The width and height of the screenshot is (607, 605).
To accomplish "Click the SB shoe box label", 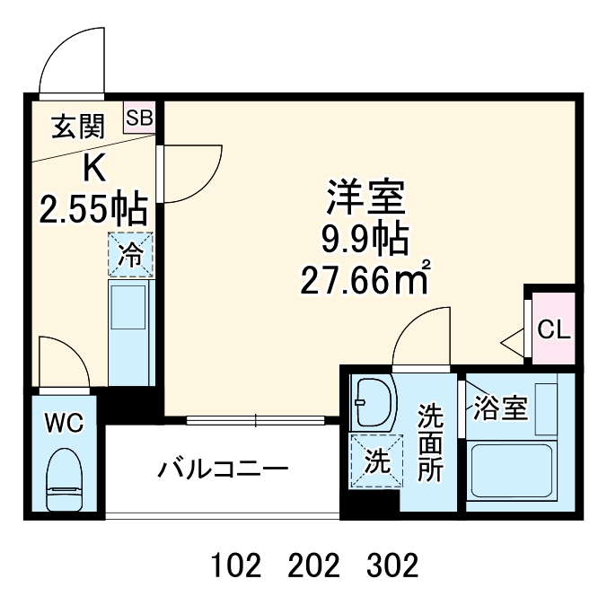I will click(x=139, y=118).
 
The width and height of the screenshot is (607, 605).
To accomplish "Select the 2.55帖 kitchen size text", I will click(x=93, y=210).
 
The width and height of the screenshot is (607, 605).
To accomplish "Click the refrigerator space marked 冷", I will click(x=131, y=254).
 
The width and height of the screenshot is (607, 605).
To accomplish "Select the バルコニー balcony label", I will click(x=224, y=469).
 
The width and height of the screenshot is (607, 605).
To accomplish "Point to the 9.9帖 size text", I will click(x=365, y=240).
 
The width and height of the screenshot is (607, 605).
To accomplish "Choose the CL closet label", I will click(x=552, y=329).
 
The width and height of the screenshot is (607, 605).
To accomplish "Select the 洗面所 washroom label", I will click(x=432, y=444).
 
